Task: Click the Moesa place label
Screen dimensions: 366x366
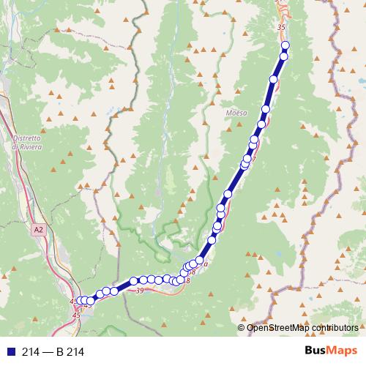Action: [x=237, y=113]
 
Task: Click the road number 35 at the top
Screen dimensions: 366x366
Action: [x=281, y=26]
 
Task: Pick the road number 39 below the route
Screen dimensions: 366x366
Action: [x=140, y=291]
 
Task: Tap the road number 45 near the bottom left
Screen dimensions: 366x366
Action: [x=77, y=315]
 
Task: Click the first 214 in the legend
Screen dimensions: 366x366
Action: [x=31, y=351]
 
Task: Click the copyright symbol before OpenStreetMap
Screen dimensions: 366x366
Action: [x=242, y=328]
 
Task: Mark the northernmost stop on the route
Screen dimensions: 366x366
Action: [x=285, y=46]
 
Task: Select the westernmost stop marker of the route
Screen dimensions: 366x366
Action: [x=81, y=300]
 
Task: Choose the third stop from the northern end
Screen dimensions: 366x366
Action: [x=274, y=79]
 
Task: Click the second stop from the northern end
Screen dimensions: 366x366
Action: [x=284, y=56]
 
